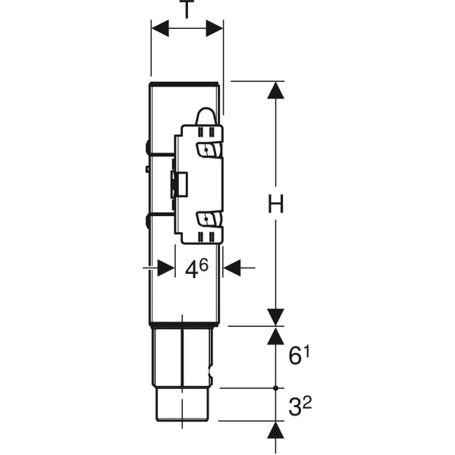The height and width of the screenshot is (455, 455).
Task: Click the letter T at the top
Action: pyautogui.click(x=187, y=10)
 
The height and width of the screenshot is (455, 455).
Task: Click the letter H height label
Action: pyautogui.click(x=276, y=204)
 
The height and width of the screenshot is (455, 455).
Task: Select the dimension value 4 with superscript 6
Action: pyautogui.click(x=196, y=268)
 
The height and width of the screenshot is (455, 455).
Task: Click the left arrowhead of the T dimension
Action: pyautogui.click(x=160, y=29)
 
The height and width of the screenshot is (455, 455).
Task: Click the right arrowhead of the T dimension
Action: pyautogui.click(x=215, y=29)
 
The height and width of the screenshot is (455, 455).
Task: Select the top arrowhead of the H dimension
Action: pyautogui.click(x=276, y=89)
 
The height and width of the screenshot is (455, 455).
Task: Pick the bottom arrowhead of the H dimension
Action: pyautogui.click(x=276, y=317)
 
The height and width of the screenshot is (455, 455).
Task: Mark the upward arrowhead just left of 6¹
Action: pyautogui.click(x=276, y=336)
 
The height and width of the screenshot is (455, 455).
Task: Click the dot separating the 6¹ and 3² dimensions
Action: pyautogui.click(x=276, y=388)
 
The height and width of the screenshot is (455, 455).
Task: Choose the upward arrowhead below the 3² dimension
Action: pyautogui.click(x=276, y=430)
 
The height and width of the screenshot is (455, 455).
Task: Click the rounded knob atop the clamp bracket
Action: pyautogui.click(x=206, y=115)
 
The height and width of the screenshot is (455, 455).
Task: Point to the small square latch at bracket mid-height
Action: pyautogui.click(x=180, y=184)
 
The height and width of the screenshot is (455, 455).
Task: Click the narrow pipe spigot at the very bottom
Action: pyautogui.click(x=183, y=403)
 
